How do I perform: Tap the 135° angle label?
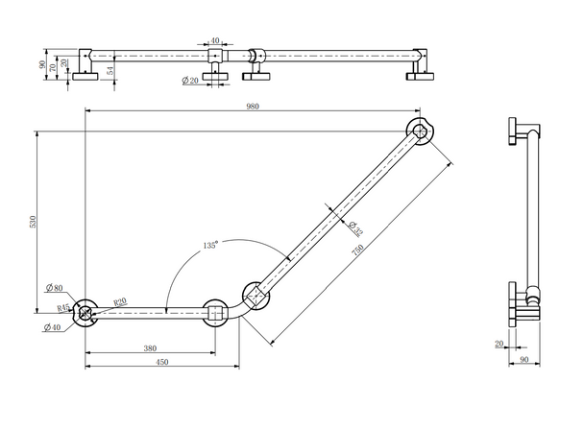[210, 245]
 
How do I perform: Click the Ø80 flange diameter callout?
[54, 288]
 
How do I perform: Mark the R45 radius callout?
[62, 308]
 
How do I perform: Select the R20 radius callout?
[120, 302]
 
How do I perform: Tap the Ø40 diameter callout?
[54, 328]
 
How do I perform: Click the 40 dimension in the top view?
[214, 41]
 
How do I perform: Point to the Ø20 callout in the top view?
[188, 80]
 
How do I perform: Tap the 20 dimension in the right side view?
[499, 343]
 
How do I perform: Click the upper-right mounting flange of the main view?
[420, 131]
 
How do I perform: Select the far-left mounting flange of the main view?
[85, 311]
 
